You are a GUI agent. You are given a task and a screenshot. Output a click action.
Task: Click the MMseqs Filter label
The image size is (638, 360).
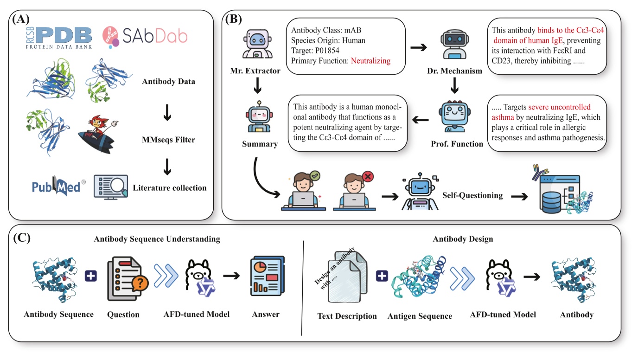pyautogui.click(x=168, y=140)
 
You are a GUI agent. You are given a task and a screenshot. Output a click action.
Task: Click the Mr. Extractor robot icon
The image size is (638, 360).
pyautogui.click(x=259, y=43)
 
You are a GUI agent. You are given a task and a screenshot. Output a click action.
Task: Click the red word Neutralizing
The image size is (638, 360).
pyautogui.click(x=370, y=60)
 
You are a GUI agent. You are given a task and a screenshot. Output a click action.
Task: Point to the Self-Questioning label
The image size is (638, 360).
pyautogui.click(x=472, y=195)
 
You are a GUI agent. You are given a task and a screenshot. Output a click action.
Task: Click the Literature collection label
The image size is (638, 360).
pyautogui.click(x=169, y=188)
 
